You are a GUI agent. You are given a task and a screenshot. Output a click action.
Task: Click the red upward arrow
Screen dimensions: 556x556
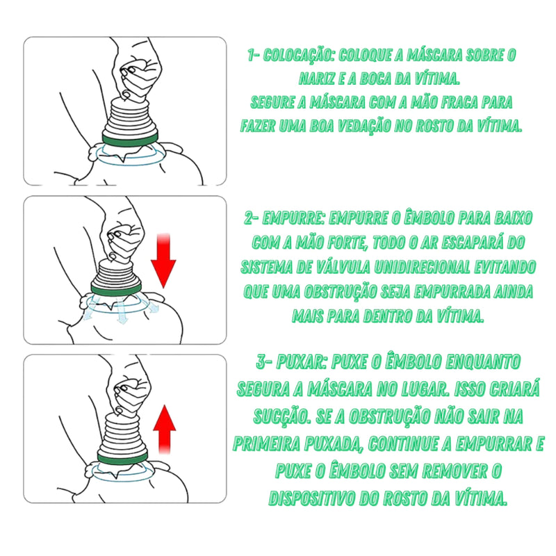[164, 428]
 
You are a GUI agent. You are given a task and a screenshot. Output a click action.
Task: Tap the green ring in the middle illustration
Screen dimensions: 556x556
[117, 285]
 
